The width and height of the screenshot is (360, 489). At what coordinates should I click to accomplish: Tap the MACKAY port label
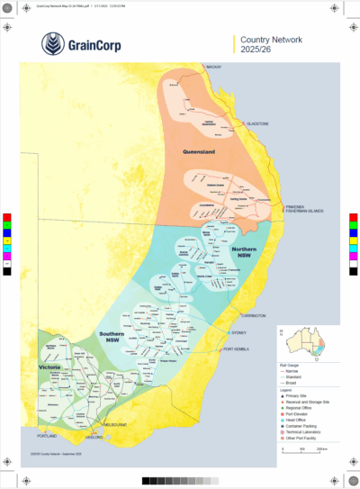(213, 68)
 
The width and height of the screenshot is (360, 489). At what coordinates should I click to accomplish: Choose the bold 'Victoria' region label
(49, 368)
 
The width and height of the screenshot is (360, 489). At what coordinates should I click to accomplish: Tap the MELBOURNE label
(115, 423)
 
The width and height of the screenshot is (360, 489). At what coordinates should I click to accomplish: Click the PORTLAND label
(47, 436)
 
